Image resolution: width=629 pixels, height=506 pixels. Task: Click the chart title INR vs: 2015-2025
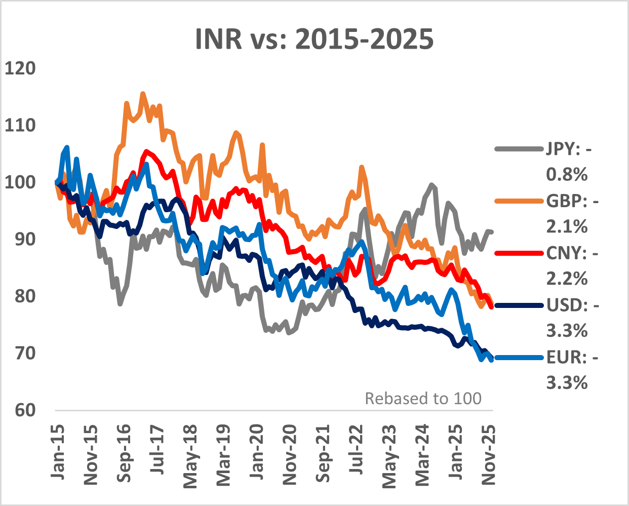(314, 39)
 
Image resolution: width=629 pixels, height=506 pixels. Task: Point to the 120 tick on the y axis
(21, 68)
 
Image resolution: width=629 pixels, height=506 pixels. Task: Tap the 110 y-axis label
(21, 125)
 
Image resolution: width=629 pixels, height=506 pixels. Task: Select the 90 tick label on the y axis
(21, 239)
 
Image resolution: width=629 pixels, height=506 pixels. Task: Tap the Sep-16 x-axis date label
(124, 453)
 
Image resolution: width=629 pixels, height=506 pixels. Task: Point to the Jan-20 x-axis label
(256, 452)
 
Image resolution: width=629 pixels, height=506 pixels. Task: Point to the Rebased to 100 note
(423, 399)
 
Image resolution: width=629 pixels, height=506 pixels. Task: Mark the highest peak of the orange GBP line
(142, 93)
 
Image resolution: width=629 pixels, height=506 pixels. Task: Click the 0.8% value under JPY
(567, 175)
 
